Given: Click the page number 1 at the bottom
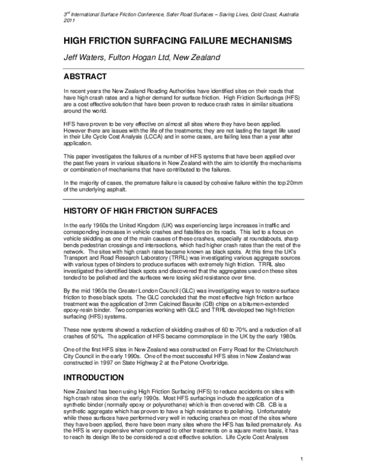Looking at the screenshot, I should (x=302, y=460).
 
